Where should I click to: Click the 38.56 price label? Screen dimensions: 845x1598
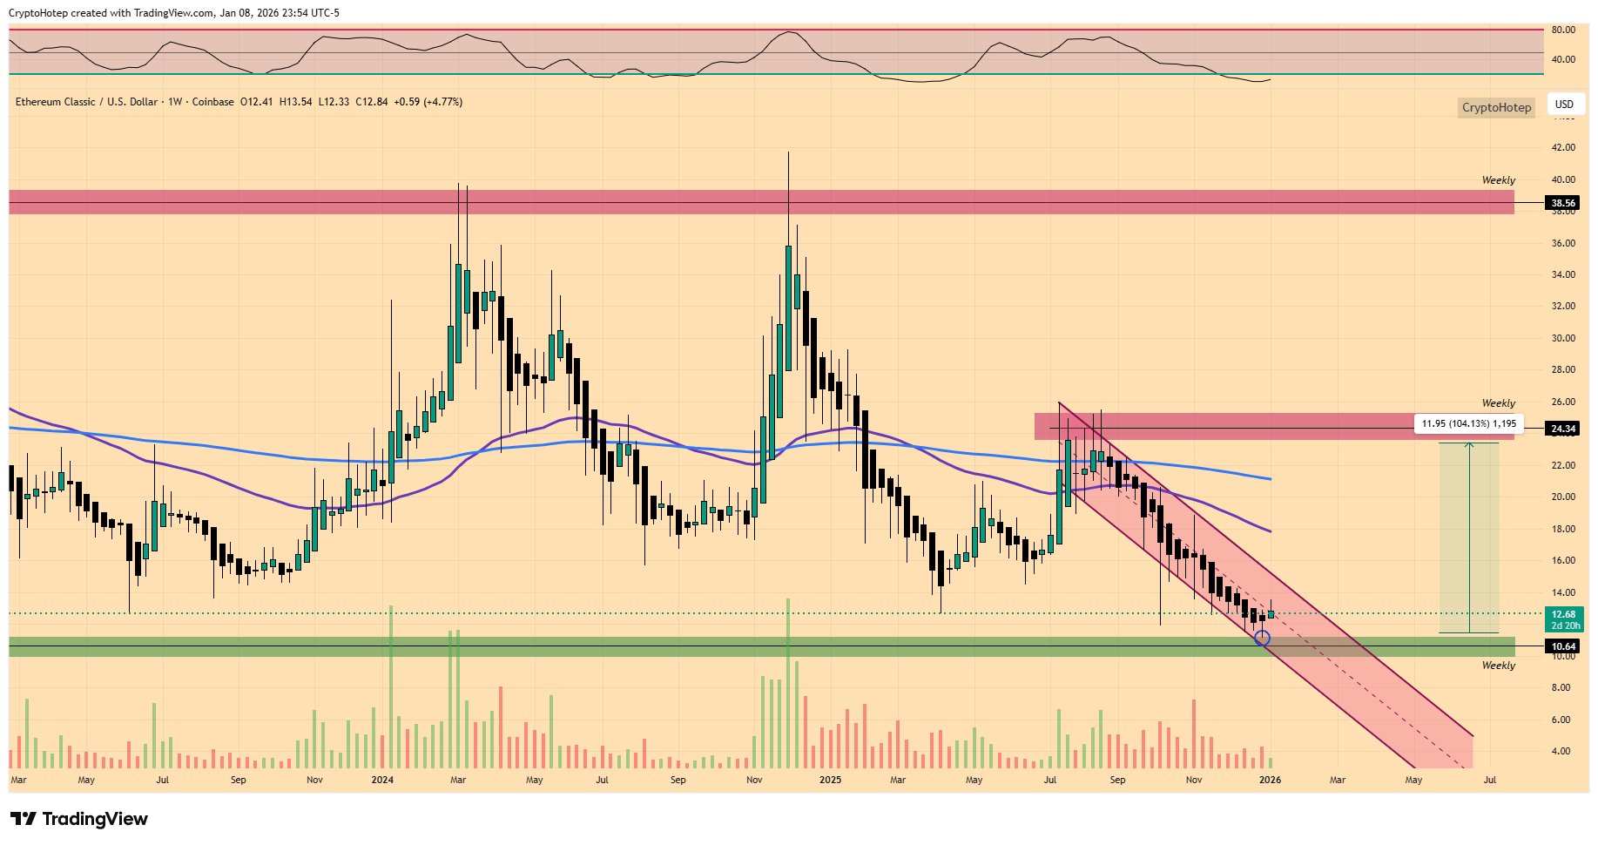click(1563, 203)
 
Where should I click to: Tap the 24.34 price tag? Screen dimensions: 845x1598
click(1563, 429)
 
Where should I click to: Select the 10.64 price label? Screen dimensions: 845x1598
click(1563, 646)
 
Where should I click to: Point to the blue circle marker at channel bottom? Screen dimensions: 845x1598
click(1262, 638)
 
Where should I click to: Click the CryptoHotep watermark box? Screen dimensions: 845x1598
click(1495, 107)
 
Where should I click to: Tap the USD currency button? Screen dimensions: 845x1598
click(1564, 105)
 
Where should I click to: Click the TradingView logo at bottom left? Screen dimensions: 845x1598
click(79, 819)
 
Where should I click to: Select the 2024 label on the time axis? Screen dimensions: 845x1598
click(382, 780)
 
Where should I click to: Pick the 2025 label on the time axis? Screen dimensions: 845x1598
click(830, 780)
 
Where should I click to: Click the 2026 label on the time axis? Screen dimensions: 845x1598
click(1270, 780)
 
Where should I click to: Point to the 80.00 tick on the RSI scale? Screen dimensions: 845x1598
click(1563, 30)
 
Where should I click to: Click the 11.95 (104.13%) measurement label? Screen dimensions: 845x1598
click(1468, 423)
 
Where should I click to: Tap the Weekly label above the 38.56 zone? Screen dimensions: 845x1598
click(1498, 180)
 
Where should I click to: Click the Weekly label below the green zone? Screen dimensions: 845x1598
click(1498, 666)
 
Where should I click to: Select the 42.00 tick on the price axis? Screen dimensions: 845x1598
click(1563, 147)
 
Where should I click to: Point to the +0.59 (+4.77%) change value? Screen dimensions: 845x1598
click(428, 102)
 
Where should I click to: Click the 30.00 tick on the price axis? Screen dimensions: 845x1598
click(1563, 338)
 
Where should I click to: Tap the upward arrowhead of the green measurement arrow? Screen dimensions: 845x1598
click(1469, 446)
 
